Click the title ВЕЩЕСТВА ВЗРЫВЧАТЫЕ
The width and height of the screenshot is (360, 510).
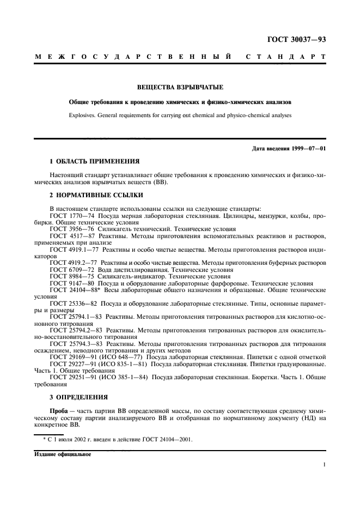click(180, 87)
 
